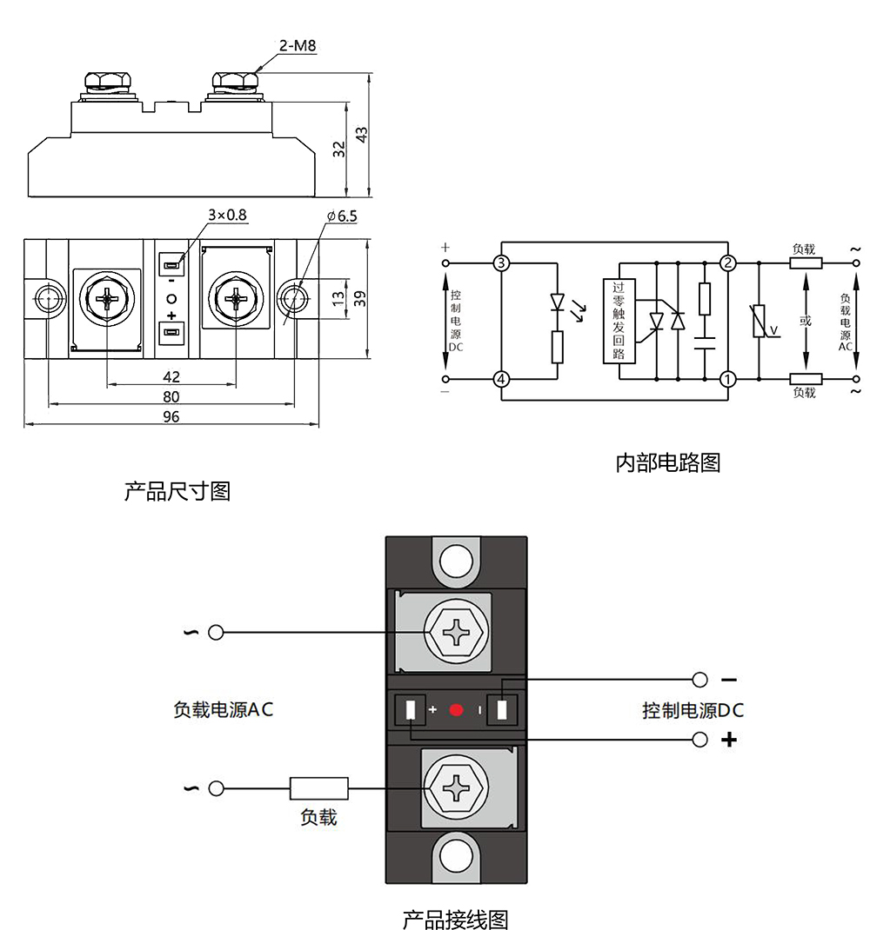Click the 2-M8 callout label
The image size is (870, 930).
pyautogui.click(x=298, y=45)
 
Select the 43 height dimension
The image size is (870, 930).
pyautogui.click(x=363, y=135)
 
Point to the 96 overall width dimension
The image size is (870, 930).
pyautogui.click(x=171, y=417)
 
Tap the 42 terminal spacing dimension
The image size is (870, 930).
pyautogui.click(x=171, y=376)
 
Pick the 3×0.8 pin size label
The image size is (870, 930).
pyautogui.click(x=227, y=215)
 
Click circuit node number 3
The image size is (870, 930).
pyautogui.click(x=500, y=262)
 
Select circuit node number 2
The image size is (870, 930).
pyautogui.click(x=728, y=262)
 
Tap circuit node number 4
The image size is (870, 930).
pyautogui.click(x=500, y=379)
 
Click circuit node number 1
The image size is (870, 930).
pyautogui.click(x=728, y=379)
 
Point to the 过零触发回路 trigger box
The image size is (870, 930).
pyautogui.click(x=619, y=321)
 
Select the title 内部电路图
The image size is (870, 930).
pyautogui.click(x=667, y=462)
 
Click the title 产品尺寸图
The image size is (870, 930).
pyautogui.click(x=177, y=491)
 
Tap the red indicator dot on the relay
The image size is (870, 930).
pyautogui.click(x=457, y=711)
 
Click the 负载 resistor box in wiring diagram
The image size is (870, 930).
pyautogui.click(x=318, y=788)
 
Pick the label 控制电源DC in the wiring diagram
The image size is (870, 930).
pyautogui.click(x=693, y=710)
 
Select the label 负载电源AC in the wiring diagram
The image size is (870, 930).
pyautogui.click(x=224, y=709)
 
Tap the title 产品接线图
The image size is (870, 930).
pyautogui.click(x=455, y=918)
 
